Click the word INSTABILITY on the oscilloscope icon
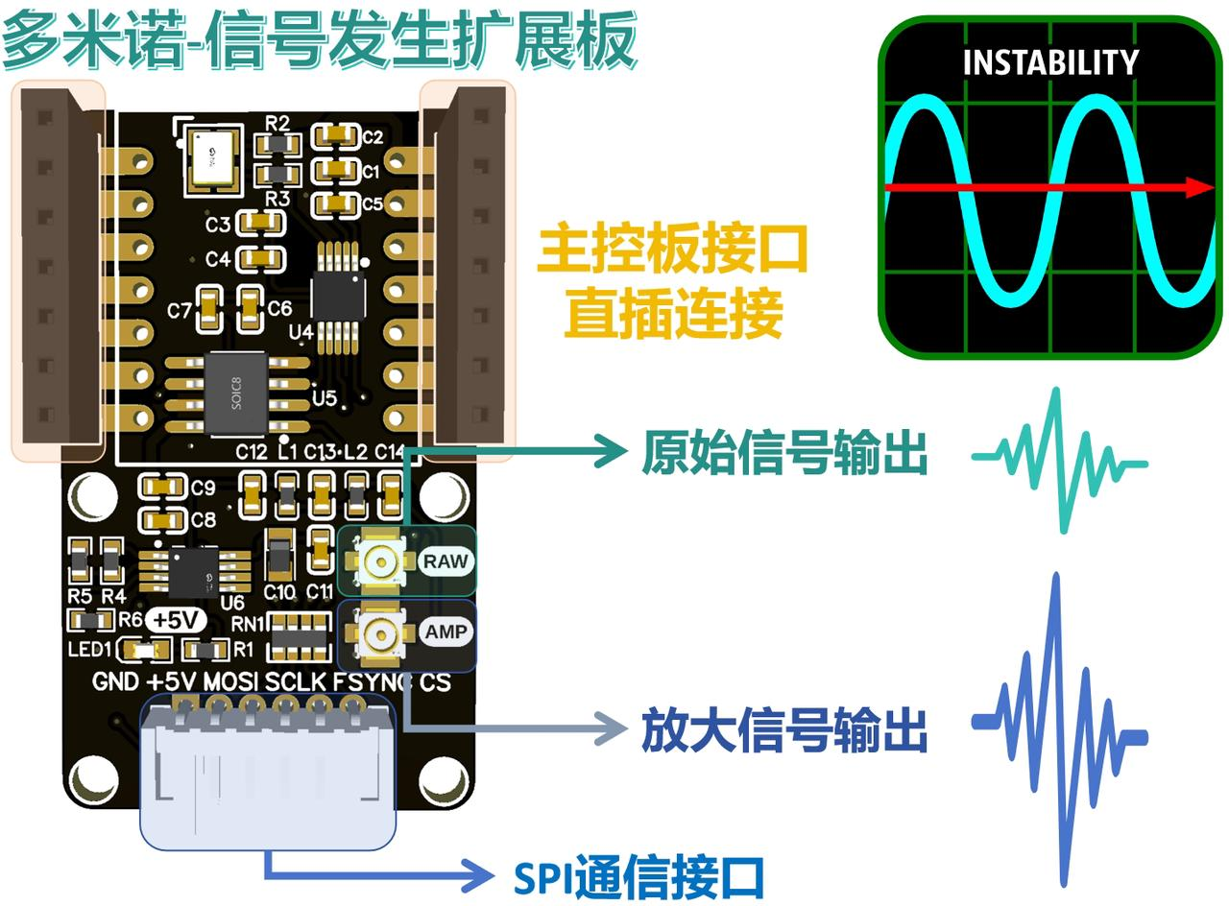[1050, 63]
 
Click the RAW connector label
[446, 560]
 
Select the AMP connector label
[446, 632]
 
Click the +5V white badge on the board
[175, 620]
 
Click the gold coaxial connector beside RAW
[382, 560]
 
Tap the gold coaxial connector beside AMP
[382, 633]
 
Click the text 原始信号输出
[784, 453]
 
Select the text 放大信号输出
[784, 731]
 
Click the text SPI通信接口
[639, 876]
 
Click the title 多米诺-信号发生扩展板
[319, 40]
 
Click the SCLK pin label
[296, 682]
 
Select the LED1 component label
[90, 651]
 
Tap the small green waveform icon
[1060, 461]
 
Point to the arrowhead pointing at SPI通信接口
[491, 873]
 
